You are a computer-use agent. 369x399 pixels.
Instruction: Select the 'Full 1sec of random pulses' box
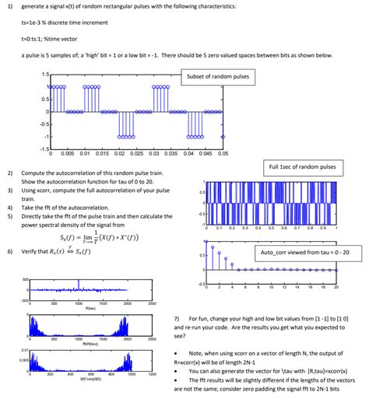(302, 166)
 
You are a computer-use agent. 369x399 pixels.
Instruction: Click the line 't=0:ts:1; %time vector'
(54, 40)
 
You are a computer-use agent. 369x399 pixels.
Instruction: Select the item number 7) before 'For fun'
(177, 319)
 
